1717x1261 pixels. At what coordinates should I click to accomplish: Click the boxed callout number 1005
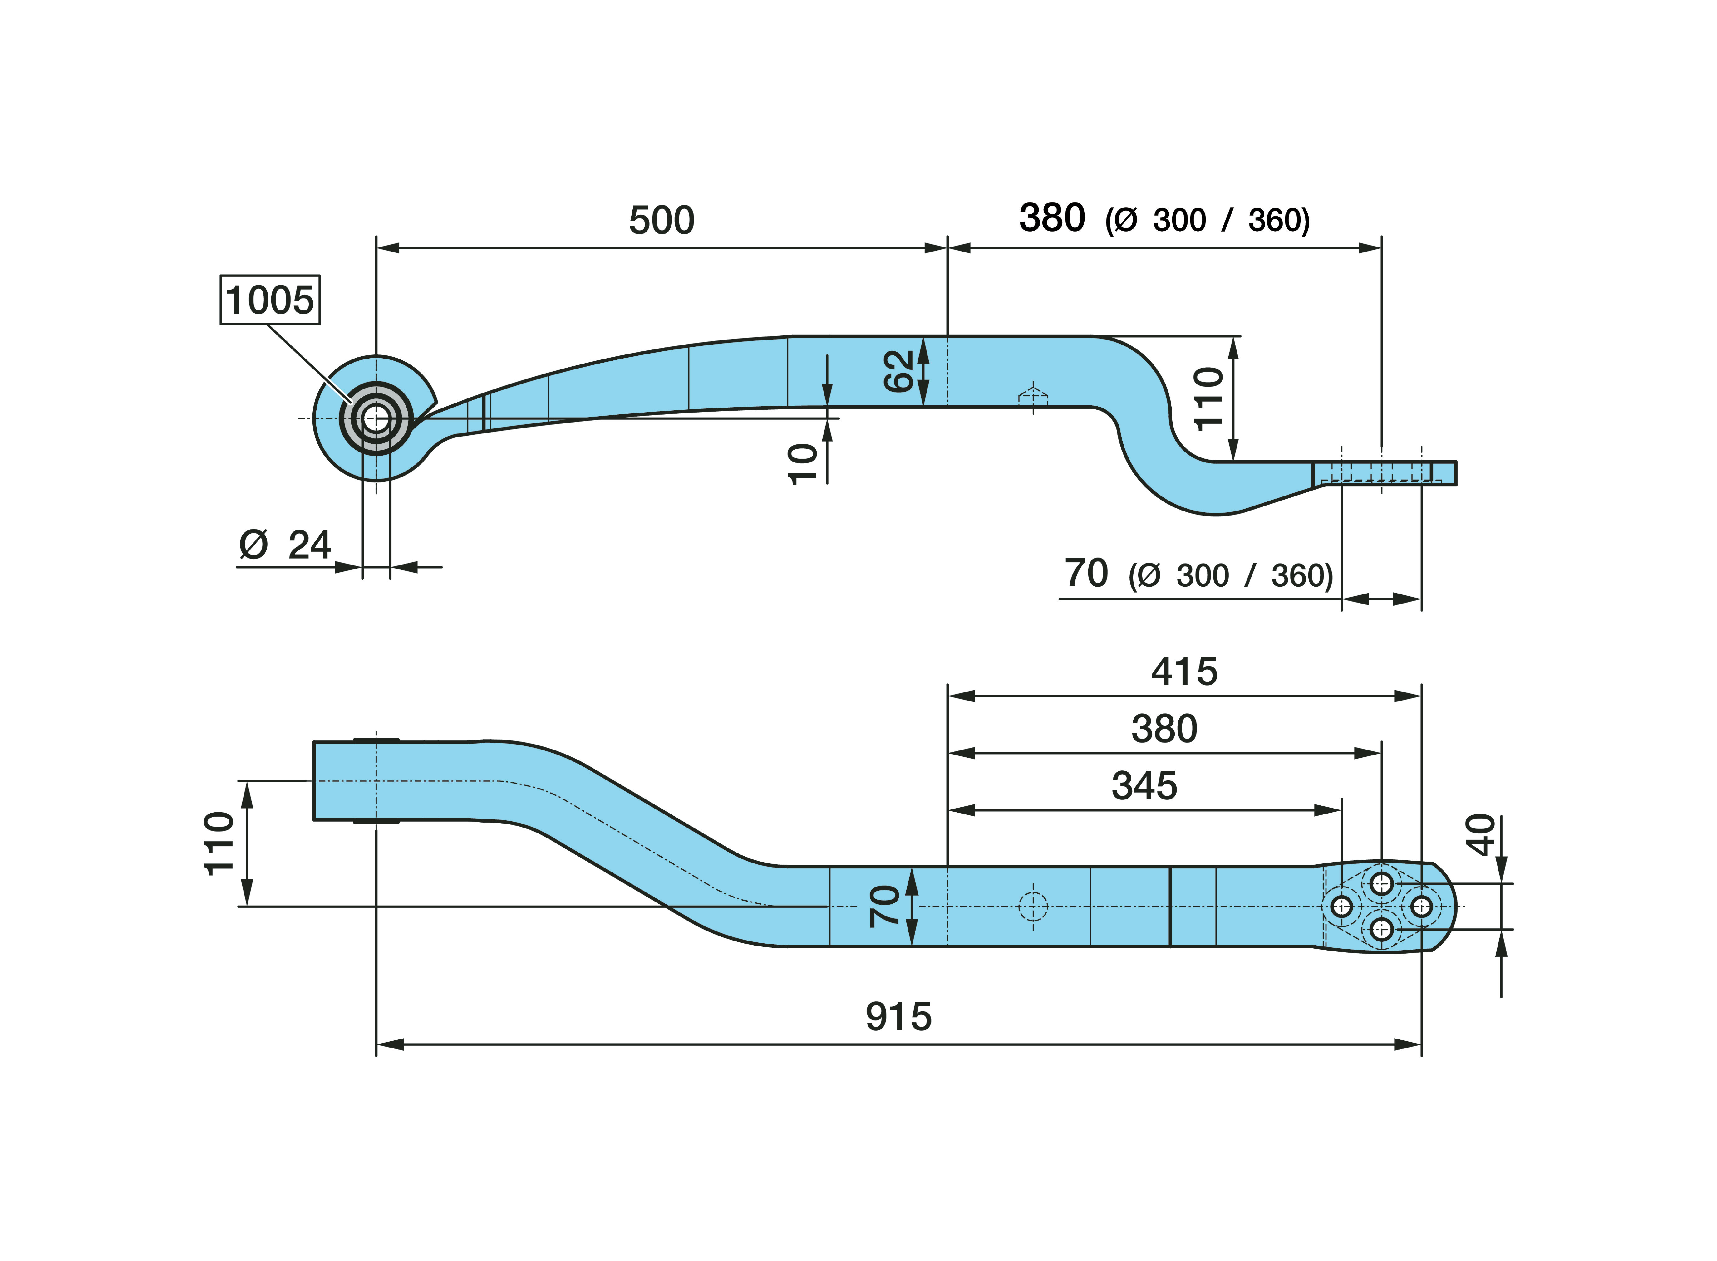(x=269, y=300)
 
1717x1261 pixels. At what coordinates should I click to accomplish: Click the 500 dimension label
(x=661, y=221)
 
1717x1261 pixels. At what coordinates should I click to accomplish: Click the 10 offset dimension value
(x=802, y=463)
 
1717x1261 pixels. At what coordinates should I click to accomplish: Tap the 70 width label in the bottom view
(x=885, y=906)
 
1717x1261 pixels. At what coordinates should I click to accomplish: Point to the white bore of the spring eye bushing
(x=376, y=418)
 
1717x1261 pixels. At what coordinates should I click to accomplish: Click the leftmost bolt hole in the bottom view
(x=1341, y=907)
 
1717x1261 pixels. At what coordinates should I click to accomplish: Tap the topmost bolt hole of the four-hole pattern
(x=1381, y=884)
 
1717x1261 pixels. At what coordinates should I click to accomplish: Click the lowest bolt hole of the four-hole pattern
(x=1381, y=929)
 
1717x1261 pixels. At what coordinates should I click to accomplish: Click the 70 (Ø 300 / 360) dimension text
(x=1197, y=574)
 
